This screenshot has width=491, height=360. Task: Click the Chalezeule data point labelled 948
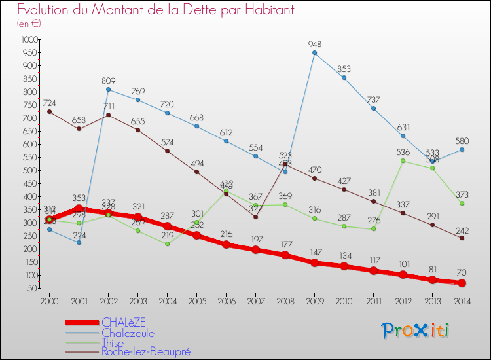point(314,53)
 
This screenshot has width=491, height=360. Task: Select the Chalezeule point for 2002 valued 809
point(108,89)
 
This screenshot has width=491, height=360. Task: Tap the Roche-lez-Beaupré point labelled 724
point(50,111)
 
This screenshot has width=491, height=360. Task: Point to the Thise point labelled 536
point(403,160)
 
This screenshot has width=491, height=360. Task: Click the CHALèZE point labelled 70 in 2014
point(462,283)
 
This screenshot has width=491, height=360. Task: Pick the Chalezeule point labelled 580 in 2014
point(462,149)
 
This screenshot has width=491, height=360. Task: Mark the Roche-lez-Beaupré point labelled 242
point(462,238)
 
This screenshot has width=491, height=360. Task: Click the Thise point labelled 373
point(462,203)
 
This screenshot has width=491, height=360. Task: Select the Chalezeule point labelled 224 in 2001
point(79,242)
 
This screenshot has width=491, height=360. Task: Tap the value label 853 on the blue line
point(344,69)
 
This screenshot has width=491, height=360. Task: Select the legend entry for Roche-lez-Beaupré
point(145,352)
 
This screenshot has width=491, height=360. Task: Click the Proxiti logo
point(416,331)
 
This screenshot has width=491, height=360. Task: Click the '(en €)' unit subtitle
point(29,24)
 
